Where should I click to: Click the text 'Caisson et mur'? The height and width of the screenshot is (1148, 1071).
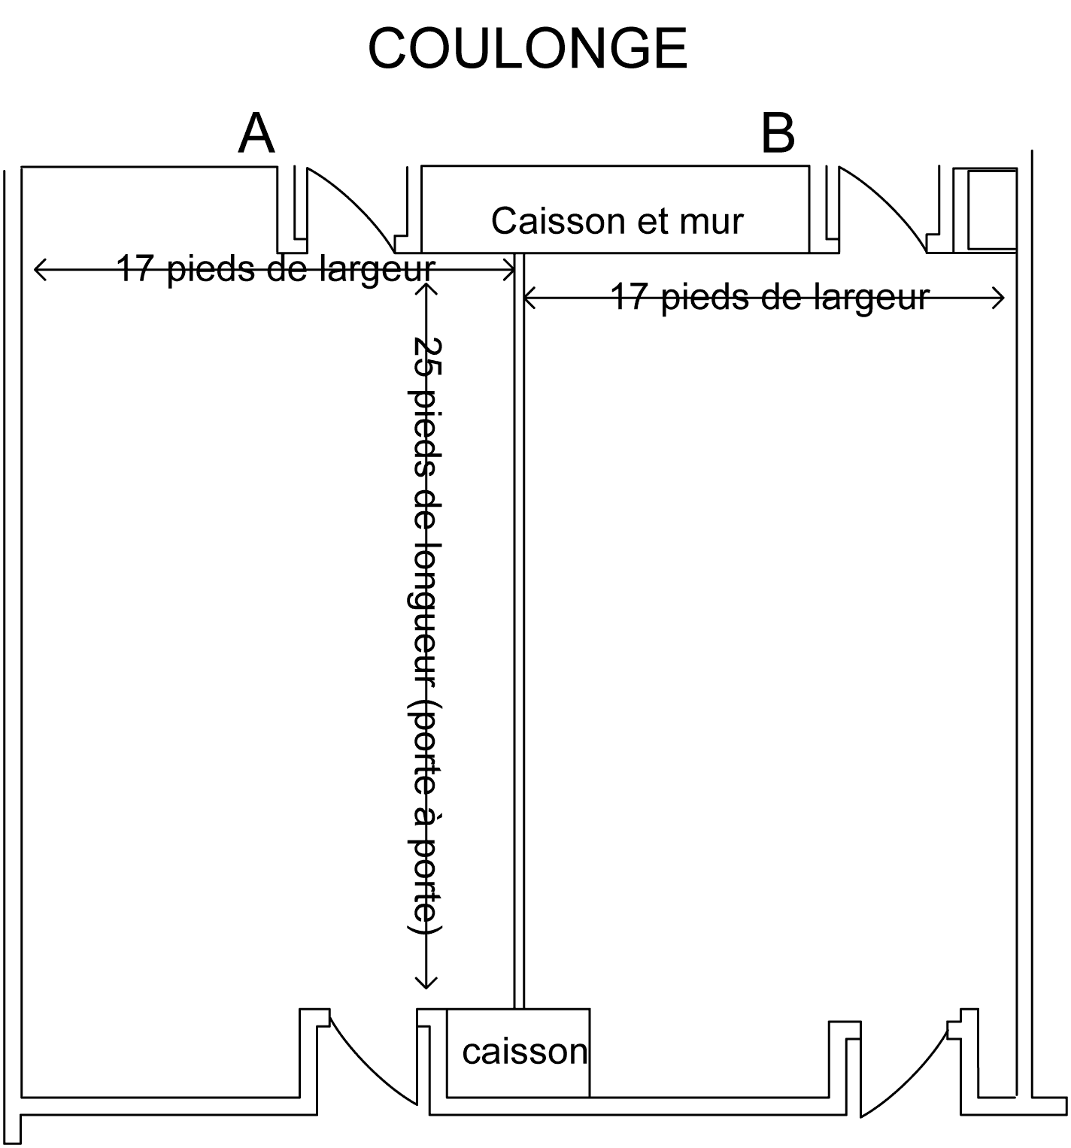617,221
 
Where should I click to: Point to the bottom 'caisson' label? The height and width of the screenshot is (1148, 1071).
524,1051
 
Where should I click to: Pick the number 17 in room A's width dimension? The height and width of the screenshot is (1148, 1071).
136,268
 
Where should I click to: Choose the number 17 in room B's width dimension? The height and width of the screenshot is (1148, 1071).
630,297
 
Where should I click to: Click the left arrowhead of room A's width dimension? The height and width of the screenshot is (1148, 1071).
38,268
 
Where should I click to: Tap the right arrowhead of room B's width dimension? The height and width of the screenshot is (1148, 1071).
1001,298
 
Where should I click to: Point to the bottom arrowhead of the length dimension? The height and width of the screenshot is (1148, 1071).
426,984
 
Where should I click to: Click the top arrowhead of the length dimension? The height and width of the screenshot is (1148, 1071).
426,289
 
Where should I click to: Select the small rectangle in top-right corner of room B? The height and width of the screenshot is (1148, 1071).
991,210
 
